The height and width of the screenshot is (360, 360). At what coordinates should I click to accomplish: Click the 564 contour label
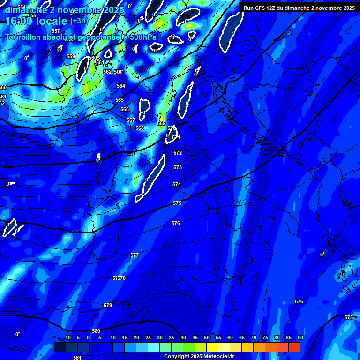121,86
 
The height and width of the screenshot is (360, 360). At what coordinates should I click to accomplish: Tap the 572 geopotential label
178,153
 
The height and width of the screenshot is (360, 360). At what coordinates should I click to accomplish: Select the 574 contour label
177,184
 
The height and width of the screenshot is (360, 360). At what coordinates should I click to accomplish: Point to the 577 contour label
135,255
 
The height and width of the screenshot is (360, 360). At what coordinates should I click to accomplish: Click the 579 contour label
108,305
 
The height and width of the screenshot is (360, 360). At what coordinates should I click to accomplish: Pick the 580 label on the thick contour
96,331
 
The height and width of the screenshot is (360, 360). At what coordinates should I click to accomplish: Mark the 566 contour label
125,109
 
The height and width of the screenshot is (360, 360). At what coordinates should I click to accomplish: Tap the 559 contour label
71,56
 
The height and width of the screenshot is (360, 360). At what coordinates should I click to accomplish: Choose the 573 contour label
178,167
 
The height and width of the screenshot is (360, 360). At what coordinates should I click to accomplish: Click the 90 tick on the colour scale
300,337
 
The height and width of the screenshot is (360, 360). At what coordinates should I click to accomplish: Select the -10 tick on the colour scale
67,337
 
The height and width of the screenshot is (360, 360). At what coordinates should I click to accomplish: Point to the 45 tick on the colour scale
195,337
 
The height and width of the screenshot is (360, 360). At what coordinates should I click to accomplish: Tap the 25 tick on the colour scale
148,337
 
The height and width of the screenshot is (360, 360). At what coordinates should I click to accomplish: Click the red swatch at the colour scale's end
294,347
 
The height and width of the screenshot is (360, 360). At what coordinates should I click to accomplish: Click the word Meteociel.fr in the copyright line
218,357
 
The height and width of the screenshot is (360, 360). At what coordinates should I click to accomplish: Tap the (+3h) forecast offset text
79,21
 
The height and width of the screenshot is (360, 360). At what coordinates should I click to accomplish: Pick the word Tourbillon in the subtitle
23,37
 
